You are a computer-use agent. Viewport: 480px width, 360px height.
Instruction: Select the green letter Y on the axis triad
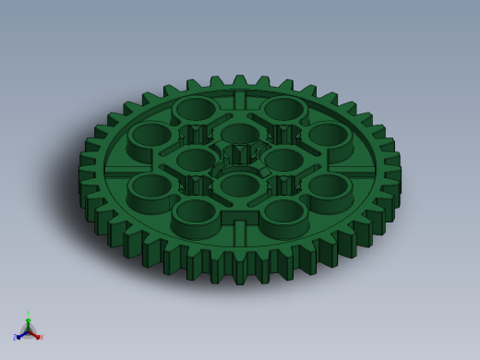point(28,314)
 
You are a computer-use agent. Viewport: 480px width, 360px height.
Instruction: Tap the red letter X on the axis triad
point(41,337)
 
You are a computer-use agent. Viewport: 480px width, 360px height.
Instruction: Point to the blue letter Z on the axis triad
point(15,338)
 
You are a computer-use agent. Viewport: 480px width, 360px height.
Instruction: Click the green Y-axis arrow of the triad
point(28,322)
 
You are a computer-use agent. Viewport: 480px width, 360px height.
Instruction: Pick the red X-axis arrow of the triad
point(35,334)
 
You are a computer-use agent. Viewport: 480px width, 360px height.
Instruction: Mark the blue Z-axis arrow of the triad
point(20,334)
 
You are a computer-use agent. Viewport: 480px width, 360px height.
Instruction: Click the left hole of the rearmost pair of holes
point(195,108)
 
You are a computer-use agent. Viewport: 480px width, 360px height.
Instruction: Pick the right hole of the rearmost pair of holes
point(283,108)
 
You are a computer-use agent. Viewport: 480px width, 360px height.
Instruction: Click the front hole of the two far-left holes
point(150,184)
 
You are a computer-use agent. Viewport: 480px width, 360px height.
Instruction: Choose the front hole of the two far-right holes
point(328,184)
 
